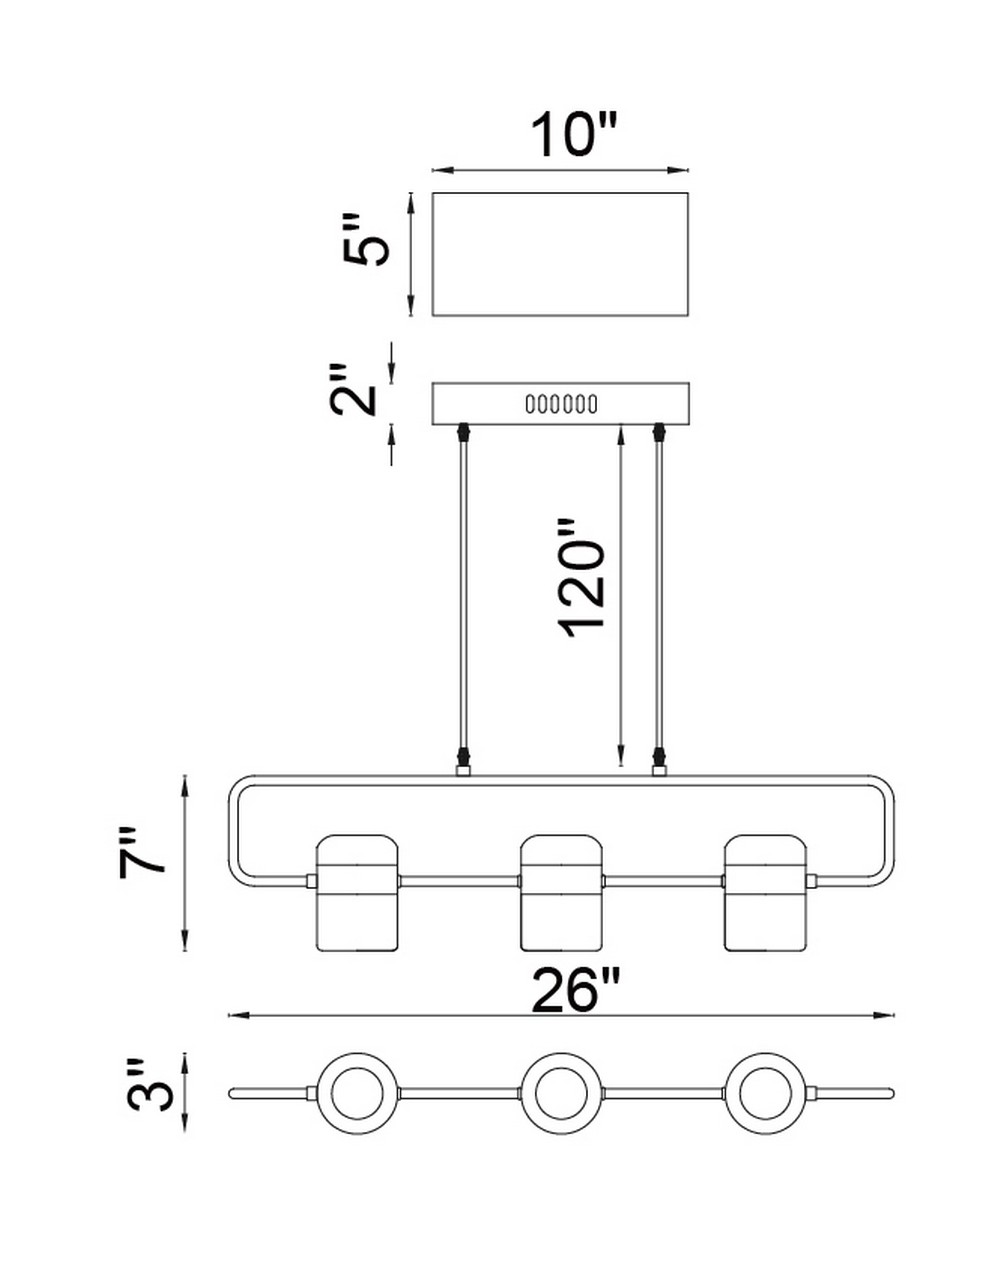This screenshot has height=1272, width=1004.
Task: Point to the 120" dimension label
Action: (582, 579)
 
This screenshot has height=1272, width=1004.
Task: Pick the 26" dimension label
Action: (576, 990)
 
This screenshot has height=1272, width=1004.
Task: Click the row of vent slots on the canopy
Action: (561, 404)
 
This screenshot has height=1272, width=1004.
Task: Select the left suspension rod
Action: (464, 599)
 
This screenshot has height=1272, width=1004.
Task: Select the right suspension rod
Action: (659, 599)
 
